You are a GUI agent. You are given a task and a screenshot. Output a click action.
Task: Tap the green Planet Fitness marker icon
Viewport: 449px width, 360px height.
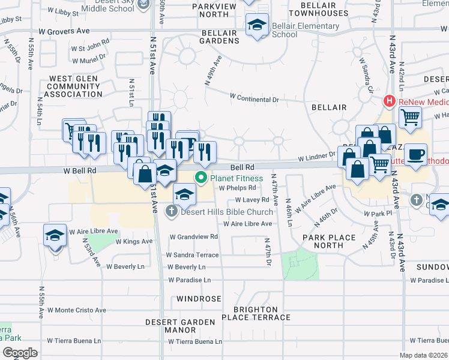(x=200, y=178)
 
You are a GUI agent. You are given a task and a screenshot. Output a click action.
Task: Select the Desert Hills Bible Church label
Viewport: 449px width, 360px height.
(x=226, y=211)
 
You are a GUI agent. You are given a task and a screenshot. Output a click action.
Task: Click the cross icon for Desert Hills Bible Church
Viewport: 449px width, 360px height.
(x=171, y=211)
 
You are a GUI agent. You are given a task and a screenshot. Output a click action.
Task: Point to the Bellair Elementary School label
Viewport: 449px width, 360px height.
(x=306, y=30)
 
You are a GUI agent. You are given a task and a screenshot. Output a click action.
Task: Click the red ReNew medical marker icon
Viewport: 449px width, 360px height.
(x=389, y=101)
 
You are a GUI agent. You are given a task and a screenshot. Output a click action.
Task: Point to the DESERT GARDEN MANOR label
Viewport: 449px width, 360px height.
(x=171, y=326)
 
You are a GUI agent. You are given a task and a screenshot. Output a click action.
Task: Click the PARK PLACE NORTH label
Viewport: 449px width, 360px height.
(x=330, y=241)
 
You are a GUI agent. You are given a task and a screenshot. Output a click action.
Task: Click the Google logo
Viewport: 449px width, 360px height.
(x=20, y=352)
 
